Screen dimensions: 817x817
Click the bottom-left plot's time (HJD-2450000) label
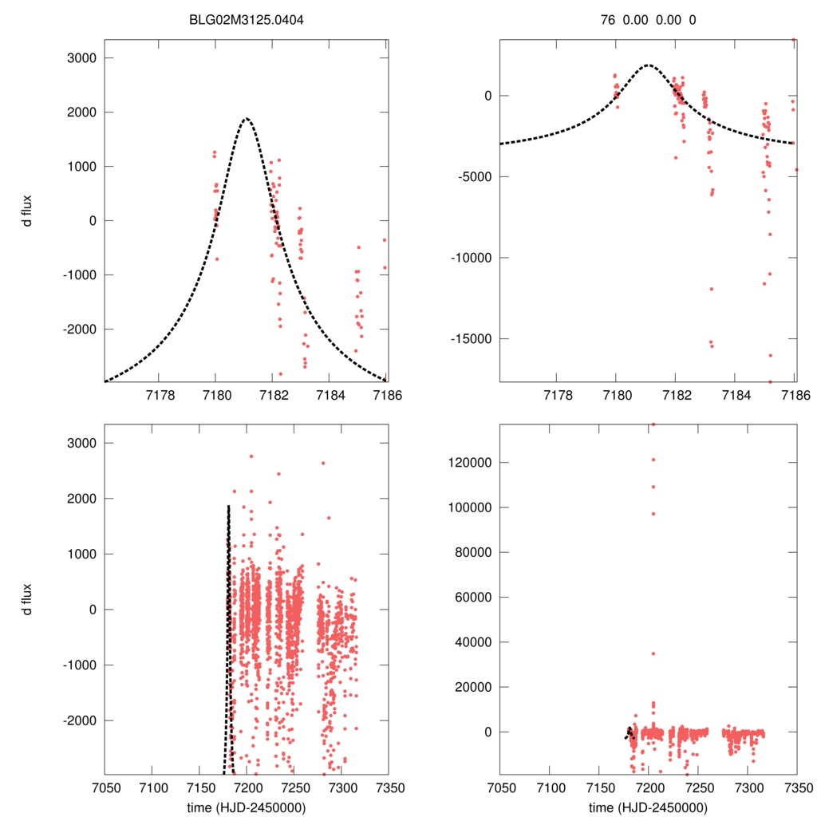pos(246,808)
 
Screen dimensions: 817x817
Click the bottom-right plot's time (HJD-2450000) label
pos(648,808)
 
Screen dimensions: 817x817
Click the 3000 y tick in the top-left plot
pos(80,58)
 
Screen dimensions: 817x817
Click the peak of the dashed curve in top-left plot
pos(246,119)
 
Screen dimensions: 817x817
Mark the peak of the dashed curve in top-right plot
pos(648,65)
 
